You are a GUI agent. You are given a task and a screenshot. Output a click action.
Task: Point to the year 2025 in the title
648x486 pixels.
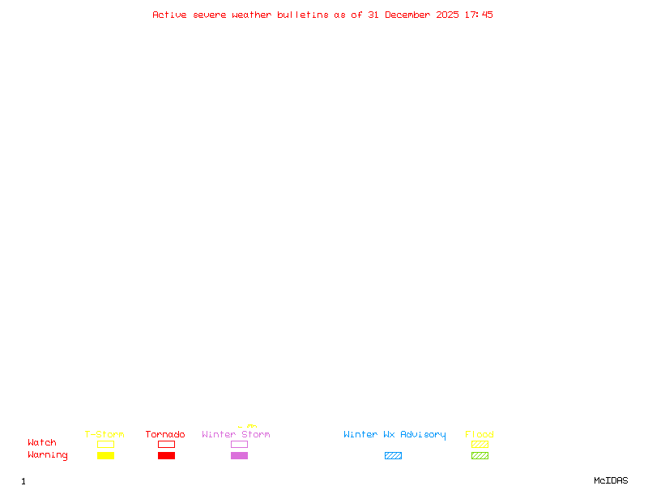(x=448, y=15)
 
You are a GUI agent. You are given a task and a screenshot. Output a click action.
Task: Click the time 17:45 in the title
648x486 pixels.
(x=479, y=15)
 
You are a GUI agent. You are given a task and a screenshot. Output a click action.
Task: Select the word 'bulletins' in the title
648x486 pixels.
(x=303, y=15)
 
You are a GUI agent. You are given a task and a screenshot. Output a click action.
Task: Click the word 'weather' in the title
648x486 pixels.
(x=252, y=15)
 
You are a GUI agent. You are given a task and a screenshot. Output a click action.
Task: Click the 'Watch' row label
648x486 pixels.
(x=42, y=443)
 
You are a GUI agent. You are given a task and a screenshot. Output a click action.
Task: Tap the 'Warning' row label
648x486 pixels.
(x=48, y=455)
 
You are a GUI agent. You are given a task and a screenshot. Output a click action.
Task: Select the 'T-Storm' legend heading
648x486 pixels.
(x=104, y=435)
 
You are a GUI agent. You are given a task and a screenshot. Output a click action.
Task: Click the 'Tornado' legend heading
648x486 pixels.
(x=165, y=435)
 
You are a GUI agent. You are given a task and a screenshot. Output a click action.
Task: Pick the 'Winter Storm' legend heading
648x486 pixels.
(x=236, y=435)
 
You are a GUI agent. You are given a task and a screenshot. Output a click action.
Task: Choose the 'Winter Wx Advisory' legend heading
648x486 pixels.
(x=394, y=435)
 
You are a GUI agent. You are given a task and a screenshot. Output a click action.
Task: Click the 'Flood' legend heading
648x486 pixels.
(x=480, y=435)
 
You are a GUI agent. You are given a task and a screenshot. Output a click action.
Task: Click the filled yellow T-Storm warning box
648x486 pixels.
(x=105, y=456)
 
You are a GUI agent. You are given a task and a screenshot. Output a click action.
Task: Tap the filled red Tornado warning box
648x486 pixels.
(x=166, y=456)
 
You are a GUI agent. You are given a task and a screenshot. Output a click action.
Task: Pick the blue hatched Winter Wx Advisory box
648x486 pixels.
(x=393, y=456)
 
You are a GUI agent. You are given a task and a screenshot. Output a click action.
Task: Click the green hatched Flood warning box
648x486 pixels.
(x=480, y=456)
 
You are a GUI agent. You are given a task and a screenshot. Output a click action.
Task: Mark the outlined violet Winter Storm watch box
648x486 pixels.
(x=239, y=445)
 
